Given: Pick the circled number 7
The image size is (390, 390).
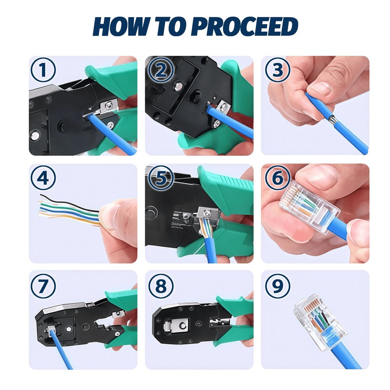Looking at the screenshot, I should (x=43, y=286).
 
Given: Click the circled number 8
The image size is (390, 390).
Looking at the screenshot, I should (x=160, y=286).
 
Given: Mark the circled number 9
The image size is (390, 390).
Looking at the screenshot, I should (x=277, y=286).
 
